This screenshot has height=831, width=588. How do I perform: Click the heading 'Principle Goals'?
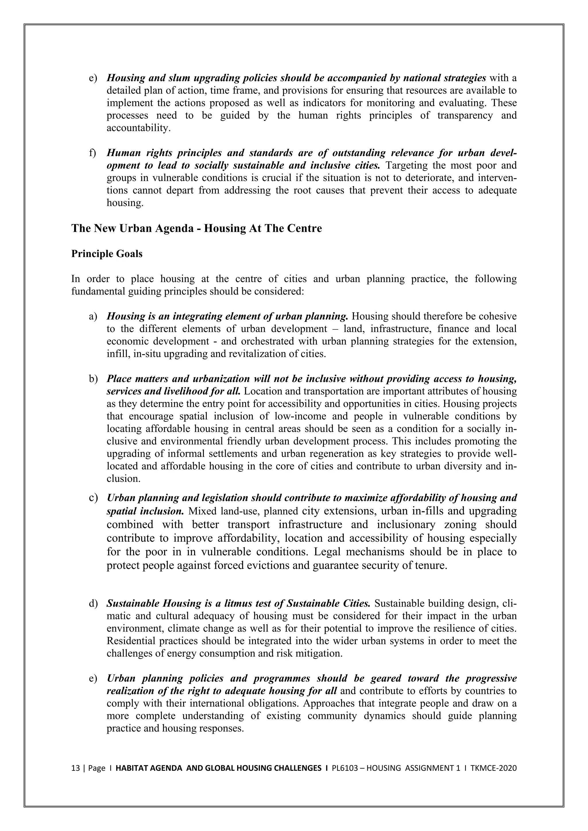pos(107,254)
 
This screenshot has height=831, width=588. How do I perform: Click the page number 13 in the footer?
pos(75,768)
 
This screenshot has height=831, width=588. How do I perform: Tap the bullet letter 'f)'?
pos(93,153)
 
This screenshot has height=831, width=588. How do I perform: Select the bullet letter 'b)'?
pos(93,379)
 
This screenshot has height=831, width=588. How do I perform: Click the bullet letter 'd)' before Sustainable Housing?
pos(93,603)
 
